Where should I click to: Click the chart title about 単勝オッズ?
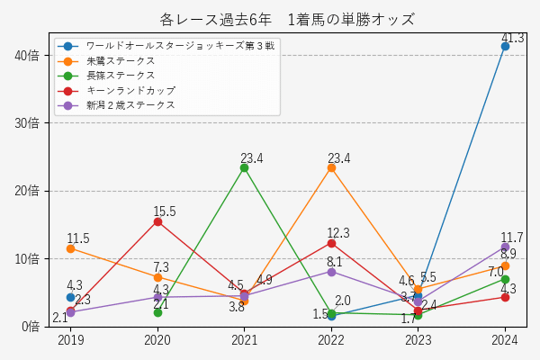click(x=287, y=19)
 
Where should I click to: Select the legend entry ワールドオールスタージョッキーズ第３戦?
click(x=180, y=45)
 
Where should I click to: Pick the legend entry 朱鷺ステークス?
click(x=121, y=60)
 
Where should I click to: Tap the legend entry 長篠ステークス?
click(x=121, y=76)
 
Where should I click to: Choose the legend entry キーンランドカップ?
click(x=130, y=91)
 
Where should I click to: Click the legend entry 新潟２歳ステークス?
click(x=130, y=105)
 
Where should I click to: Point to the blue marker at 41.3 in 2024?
click(x=505, y=46)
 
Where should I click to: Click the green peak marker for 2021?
click(x=244, y=167)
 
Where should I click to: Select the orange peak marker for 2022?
click(x=331, y=167)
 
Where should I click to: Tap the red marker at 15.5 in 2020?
click(x=157, y=220)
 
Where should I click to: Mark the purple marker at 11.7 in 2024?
click(x=505, y=247)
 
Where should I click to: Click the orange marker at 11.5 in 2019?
click(x=70, y=247)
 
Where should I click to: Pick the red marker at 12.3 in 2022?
click(x=331, y=243)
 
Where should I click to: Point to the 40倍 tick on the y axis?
click(x=27, y=55)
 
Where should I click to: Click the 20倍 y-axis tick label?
click(x=27, y=191)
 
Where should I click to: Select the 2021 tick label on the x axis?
click(x=244, y=340)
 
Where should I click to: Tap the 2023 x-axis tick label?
click(x=418, y=340)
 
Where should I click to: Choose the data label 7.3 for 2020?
click(x=161, y=267)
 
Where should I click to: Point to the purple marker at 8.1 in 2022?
click(x=331, y=271)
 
